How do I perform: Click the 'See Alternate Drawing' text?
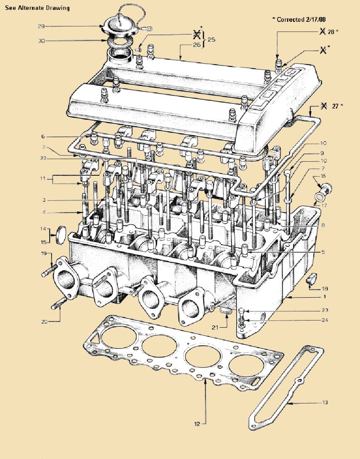coord(38,8)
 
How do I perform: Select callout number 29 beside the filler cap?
coord(41,26)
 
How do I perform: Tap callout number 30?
coord(42,41)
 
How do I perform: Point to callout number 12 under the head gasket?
coord(197,424)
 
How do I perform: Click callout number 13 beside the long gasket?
coord(325,403)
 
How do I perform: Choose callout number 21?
coord(215,327)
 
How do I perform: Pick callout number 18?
coord(325,289)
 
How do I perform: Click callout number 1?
coord(325,297)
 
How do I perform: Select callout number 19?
coord(44,254)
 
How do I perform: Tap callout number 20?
coord(44,322)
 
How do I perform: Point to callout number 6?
coord(43,136)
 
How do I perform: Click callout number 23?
coord(325,310)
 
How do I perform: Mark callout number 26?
coord(197,45)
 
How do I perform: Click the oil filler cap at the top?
coord(121,25)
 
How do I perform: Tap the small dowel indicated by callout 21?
coord(226,311)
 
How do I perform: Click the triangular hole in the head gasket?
coord(95,340)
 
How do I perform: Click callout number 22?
coord(43,158)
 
